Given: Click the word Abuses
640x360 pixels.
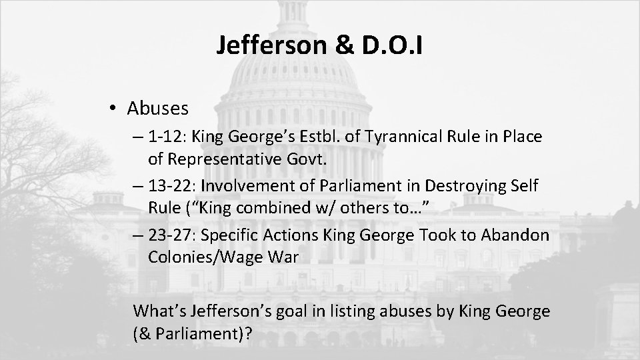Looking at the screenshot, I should [158, 108].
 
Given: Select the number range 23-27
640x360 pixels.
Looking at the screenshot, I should [175, 235].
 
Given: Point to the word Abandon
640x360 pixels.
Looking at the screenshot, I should [517, 235].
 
